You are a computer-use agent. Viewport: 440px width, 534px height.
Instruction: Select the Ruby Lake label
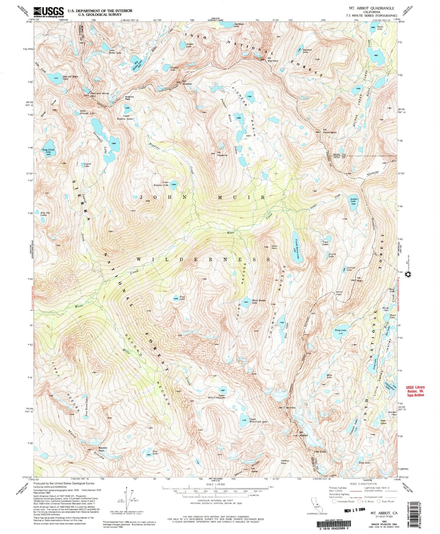point(341,330)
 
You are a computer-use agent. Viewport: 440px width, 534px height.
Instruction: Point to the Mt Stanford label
point(273,59)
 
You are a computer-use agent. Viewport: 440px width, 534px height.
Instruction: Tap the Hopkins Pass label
point(129,98)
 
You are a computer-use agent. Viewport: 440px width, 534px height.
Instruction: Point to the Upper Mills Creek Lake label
point(258,420)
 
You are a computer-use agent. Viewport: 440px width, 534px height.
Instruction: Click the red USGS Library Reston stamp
point(415,391)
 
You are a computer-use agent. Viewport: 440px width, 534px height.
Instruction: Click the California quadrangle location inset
point(317,504)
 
